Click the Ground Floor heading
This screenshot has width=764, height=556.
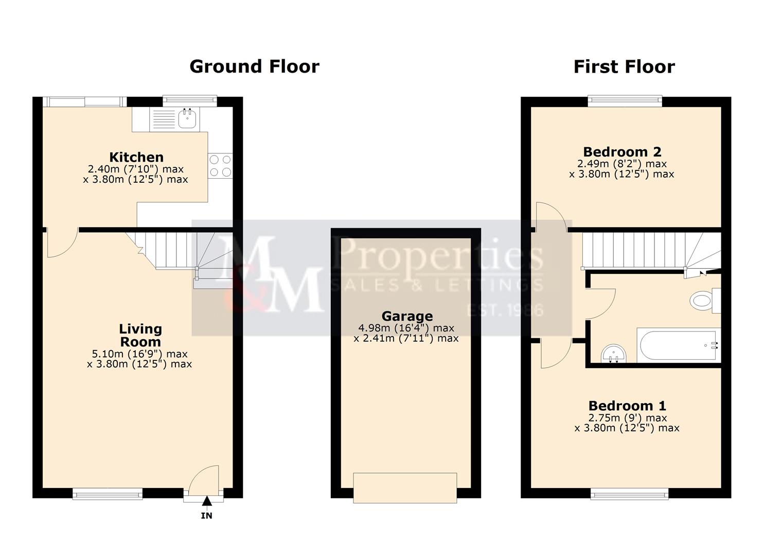[254, 66]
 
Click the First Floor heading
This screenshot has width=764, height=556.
[624, 67]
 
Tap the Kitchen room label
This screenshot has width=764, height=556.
[136, 157]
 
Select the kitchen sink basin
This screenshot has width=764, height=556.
[187, 119]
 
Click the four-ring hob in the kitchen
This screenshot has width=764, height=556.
[220, 166]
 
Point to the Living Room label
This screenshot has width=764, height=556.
[140, 335]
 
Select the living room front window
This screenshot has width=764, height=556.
[108, 494]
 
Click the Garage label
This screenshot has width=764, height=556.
[407, 316]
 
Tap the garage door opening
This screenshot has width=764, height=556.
[405, 488]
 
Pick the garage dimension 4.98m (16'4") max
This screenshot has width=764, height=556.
[406, 328]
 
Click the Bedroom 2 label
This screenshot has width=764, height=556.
[622, 152]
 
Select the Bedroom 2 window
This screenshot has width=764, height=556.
[625, 101]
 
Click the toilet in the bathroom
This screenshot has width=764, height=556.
[702, 301]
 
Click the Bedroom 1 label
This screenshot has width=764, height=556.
[627, 406]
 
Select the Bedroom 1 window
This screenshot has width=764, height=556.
[630, 494]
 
